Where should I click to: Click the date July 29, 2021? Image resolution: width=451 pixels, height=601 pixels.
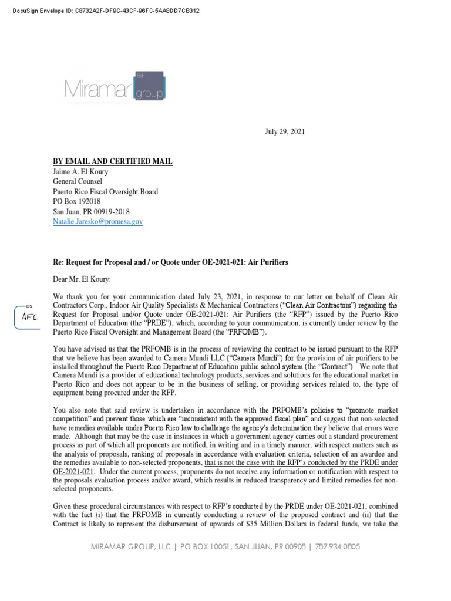(285, 131)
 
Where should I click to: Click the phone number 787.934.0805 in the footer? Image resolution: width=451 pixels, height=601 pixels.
(337, 546)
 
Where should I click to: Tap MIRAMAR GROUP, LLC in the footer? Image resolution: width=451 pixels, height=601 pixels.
(130, 546)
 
